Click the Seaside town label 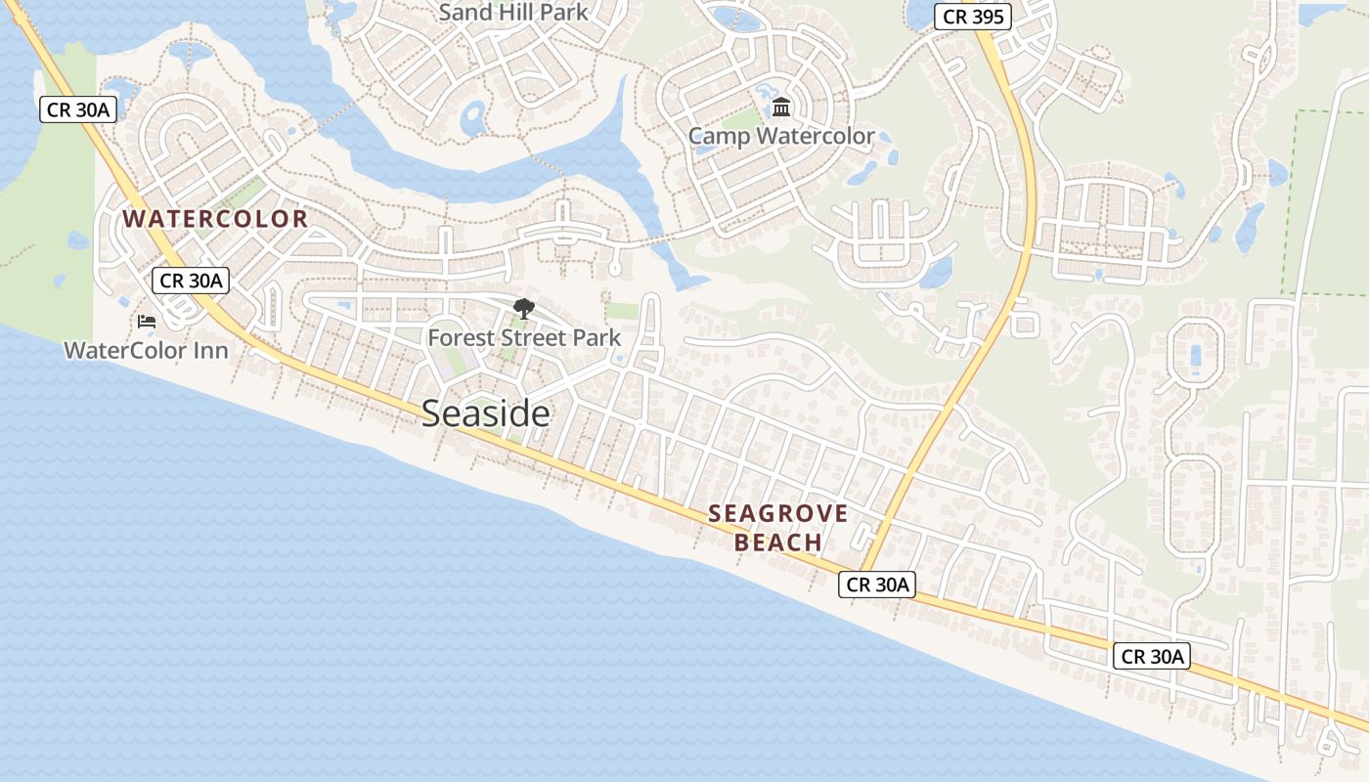486,413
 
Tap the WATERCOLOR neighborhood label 215,219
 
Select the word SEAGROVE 777,513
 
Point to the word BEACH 777,542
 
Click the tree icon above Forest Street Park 524,309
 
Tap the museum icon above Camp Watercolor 781,107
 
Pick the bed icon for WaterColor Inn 147,321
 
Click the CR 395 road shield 971,17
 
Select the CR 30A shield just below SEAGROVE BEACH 877,585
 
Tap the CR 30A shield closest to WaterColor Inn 191,281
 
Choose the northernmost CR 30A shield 78,109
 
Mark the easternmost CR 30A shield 1151,656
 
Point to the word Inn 211,350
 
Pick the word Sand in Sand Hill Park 465,13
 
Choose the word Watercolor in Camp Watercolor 814,136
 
